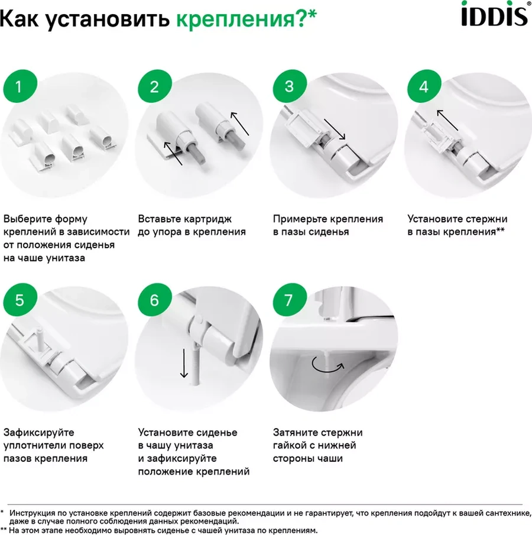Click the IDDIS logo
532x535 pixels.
495,14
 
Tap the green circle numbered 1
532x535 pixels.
20,86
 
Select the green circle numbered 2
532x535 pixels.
155,86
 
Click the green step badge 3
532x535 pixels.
290,86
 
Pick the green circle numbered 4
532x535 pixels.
424,86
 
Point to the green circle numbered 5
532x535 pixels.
20,300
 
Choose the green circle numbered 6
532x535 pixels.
155,300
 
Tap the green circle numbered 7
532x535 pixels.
290,300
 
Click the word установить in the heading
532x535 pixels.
107,19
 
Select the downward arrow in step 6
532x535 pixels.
184,363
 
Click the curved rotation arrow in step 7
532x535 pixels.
327,365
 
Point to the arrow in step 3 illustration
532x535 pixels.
335,129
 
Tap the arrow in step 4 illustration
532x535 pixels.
447,120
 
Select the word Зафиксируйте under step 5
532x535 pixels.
38,433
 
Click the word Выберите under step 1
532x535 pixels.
27,219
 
